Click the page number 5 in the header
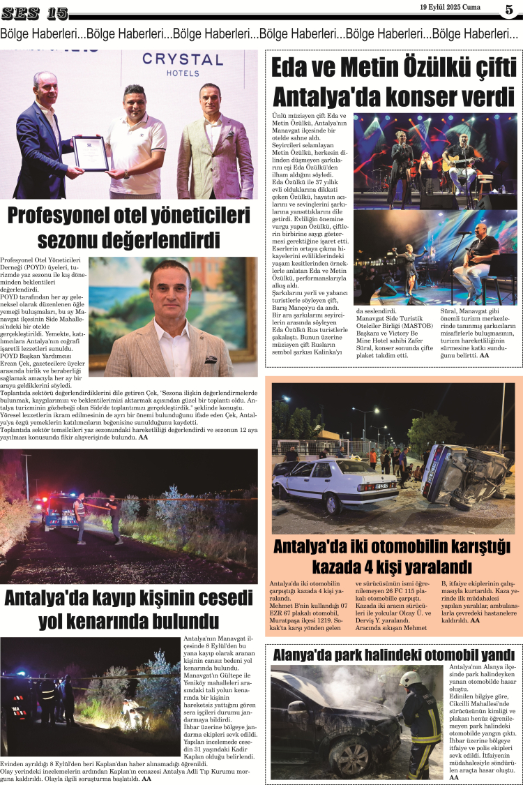point(508,9)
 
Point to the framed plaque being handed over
point(91,153)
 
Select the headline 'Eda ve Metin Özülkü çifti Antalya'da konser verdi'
point(393,82)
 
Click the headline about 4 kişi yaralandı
point(393,555)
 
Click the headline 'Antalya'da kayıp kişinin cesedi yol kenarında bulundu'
point(128,609)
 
